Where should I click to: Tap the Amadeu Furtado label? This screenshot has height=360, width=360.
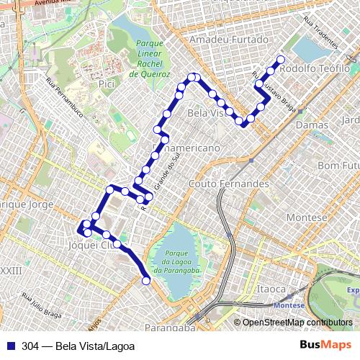coord(225,41)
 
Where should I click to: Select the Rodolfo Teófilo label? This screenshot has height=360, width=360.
coord(316,68)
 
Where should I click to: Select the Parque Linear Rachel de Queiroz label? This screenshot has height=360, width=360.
coord(148,59)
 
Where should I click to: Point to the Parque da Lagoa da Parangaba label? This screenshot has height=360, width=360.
coord(181,261)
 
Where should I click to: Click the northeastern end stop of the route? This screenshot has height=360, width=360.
coord(280,60)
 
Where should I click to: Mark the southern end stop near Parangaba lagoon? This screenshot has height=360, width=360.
coord(147,281)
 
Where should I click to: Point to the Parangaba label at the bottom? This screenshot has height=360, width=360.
coord(171,328)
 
